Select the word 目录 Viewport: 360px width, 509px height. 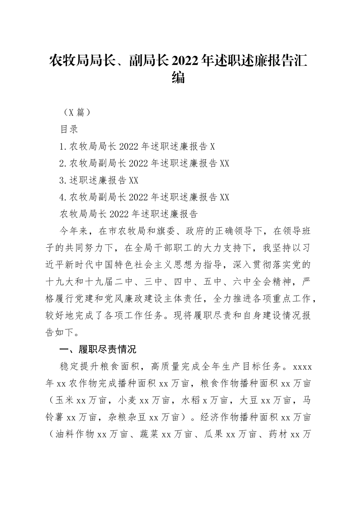(69, 129)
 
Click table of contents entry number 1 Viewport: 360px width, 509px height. (137, 146)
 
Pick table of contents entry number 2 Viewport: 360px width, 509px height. (144, 163)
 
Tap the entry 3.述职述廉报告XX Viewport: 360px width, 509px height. (99, 180)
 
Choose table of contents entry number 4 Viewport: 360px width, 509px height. (144, 197)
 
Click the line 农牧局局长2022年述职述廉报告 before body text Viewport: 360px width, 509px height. (129, 214)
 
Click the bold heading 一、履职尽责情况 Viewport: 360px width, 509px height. (98, 349)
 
